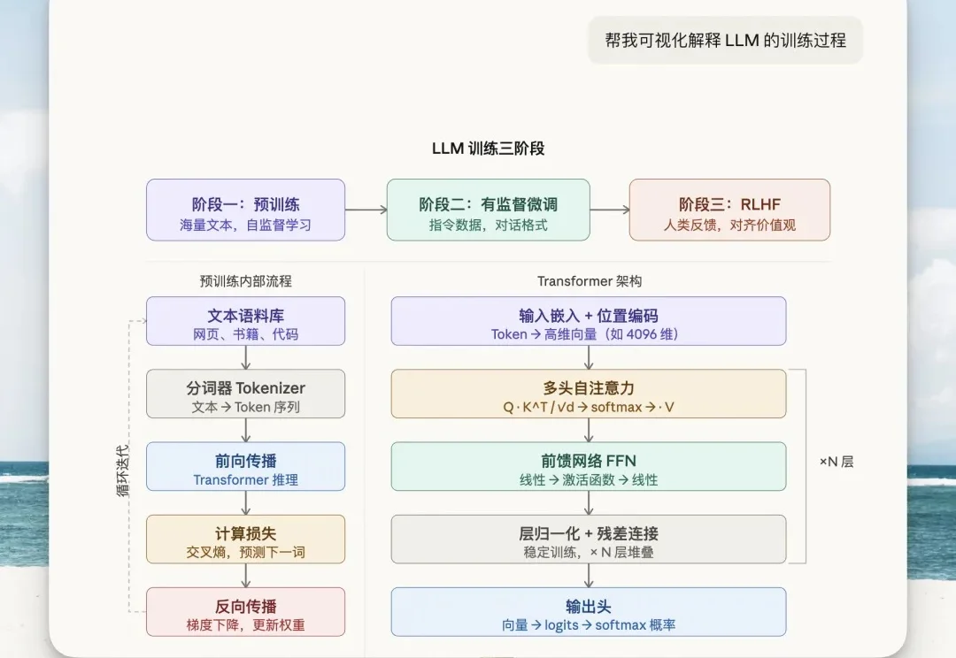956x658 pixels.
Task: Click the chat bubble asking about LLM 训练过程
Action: [726, 40]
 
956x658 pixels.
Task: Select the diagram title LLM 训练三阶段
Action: [488, 149]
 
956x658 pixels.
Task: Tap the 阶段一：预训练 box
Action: [245, 210]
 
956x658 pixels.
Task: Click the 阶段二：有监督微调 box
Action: [488, 210]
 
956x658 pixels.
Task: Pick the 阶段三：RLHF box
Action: [729, 210]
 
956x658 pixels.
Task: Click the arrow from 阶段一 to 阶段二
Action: [366, 210]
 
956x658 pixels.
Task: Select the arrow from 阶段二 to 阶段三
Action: [609, 210]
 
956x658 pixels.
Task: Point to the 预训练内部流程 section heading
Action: [245, 281]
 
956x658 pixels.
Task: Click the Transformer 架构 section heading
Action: [589, 281]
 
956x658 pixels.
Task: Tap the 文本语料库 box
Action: [245, 321]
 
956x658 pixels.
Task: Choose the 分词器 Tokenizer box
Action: [245, 394]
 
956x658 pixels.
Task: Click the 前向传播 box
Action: [245, 466]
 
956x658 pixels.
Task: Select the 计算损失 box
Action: [245, 539]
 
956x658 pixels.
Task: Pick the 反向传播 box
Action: [245, 612]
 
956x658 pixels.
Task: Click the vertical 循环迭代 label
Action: [123, 470]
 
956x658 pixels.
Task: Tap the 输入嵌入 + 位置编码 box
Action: [589, 321]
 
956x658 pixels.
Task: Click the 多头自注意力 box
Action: [589, 394]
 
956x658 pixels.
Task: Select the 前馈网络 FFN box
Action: [589, 466]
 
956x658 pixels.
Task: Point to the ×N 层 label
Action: [836, 462]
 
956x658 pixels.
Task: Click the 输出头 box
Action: [589, 612]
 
